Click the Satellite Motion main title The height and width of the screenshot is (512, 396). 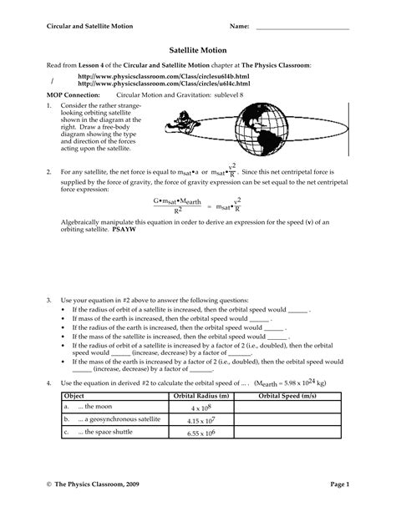(x=198, y=50)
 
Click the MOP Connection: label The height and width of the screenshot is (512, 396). (x=69, y=96)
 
